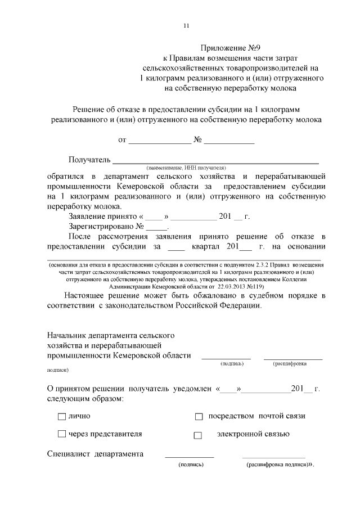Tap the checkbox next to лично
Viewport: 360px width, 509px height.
click(x=61, y=416)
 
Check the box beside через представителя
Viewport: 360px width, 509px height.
click(x=61, y=434)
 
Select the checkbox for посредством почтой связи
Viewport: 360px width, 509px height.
click(x=198, y=417)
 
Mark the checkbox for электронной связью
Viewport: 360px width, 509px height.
click(x=197, y=435)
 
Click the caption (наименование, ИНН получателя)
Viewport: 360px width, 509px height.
click(x=186, y=168)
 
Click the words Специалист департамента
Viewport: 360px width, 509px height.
click(x=95, y=454)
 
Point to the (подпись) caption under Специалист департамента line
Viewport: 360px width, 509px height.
click(x=190, y=465)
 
